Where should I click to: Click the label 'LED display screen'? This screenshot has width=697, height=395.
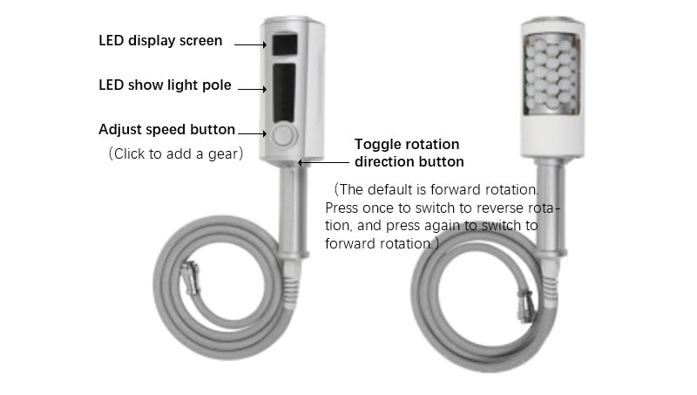click(x=160, y=40)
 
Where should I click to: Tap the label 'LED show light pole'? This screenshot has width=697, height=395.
click(x=165, y=85)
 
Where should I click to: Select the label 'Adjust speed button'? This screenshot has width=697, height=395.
click(x=166, y=129)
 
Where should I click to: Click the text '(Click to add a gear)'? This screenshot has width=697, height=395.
click(x=176, y=154)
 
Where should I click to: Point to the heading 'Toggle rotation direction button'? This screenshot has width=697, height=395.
click(x=409, y=153)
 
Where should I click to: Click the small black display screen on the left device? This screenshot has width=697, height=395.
click(x=285, y=44)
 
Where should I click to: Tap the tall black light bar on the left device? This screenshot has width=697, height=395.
click(x=284, y=92)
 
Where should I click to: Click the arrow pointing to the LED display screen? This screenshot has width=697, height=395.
click(x=250, y=44)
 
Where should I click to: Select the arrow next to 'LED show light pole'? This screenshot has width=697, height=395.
click(x=252, y=89)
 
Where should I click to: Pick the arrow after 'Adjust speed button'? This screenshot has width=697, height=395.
click(x=252, y=133)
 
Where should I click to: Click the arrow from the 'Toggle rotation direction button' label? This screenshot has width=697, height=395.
click(x=323, y=162)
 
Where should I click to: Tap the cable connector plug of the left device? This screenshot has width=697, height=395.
click(x=190, y=277)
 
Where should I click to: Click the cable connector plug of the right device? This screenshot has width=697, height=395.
click(x=525, y=306)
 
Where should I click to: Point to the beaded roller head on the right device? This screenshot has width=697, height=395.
click(x=552, y=75)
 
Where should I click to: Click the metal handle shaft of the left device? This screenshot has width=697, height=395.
click(x=293, y=210)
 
